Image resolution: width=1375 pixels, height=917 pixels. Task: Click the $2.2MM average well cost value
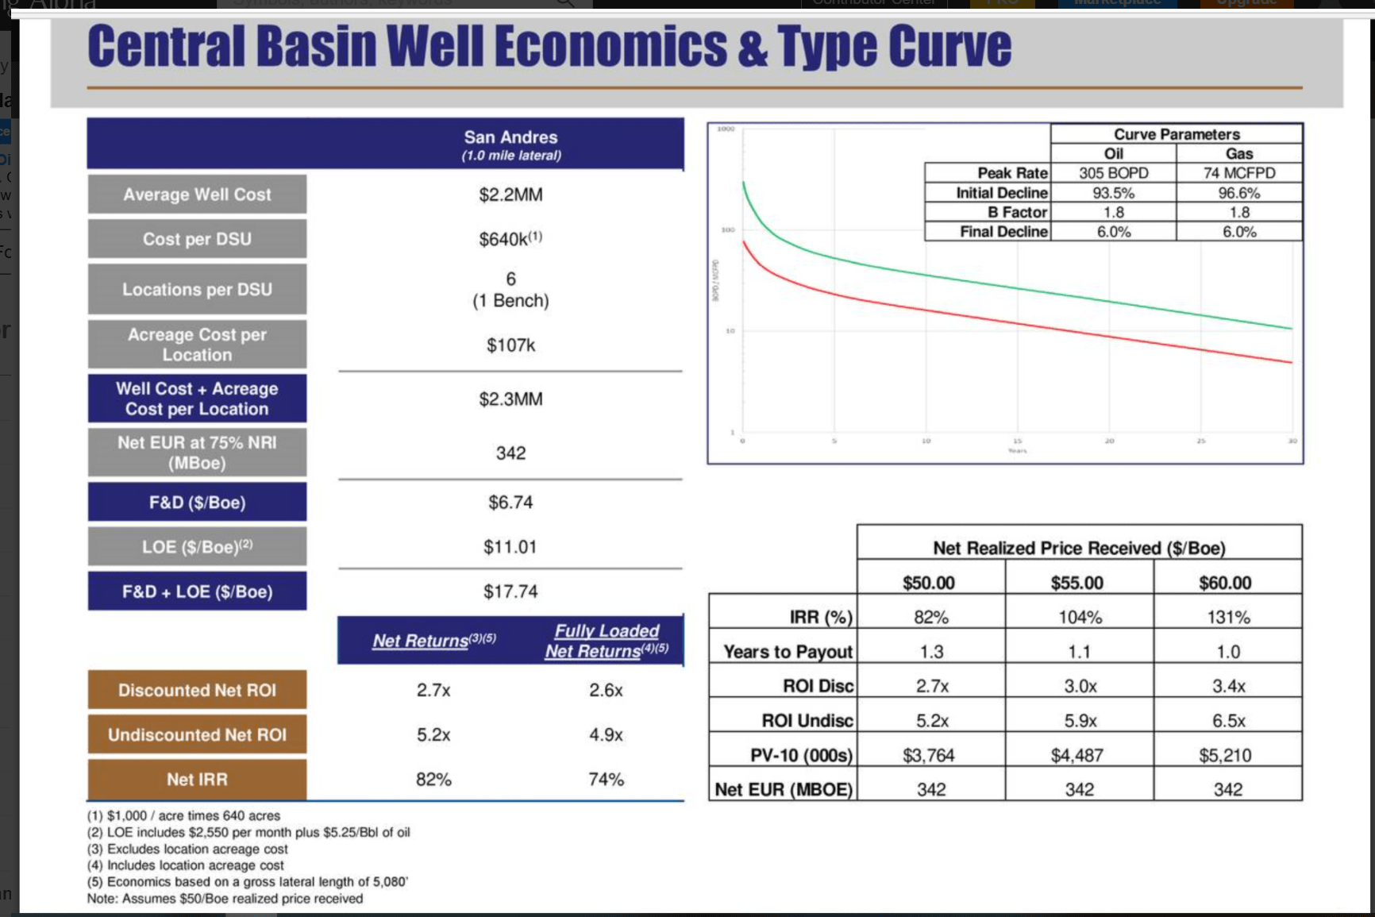pos(510,195)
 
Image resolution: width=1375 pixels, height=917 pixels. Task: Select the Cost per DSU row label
pos(197,239)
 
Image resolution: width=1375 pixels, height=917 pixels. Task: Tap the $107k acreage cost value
pos(510,345)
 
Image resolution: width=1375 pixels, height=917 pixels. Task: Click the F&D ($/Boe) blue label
pos(197,503)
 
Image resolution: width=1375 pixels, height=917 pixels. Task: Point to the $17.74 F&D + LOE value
pos(510,591)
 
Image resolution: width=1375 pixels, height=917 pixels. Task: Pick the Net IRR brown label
pos(197,780)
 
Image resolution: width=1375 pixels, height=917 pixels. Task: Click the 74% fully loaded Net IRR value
pos(606,780)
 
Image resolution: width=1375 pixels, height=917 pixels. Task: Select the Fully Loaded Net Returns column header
pos(607,641)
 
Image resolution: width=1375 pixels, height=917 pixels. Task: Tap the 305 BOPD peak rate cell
pos(1113,173)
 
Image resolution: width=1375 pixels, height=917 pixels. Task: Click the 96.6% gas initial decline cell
pos(1238,193)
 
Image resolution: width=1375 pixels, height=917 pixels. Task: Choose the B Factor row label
pos(1017,212)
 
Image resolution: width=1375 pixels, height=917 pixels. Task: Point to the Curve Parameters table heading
pos(1176,134)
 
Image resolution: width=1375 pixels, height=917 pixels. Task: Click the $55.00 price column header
pos(1077,583)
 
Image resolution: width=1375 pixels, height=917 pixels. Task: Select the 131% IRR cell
pos(1227,617)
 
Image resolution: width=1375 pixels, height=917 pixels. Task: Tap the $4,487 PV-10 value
pos(1077,755)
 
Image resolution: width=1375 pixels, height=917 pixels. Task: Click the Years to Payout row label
pos(788,652)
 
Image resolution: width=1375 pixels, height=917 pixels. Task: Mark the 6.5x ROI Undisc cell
pos(1227,721)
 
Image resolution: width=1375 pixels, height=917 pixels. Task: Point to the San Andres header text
pos(510,137)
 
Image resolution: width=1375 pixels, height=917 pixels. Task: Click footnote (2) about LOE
pos(248,832)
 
